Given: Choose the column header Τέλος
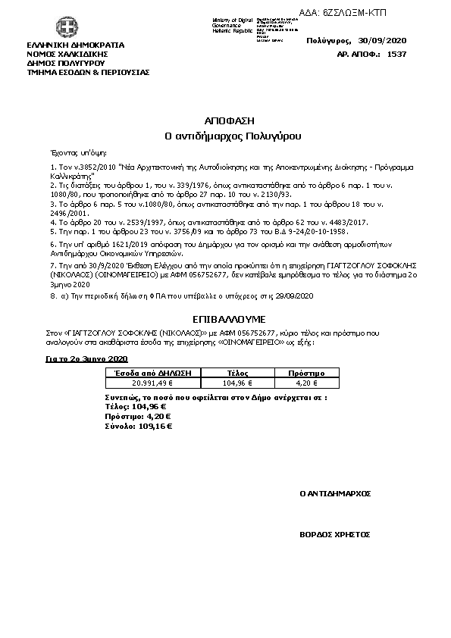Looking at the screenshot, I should pyautogui.click(x=238, y=374).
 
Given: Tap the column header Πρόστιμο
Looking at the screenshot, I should pyautogui.click(x=307, y=374).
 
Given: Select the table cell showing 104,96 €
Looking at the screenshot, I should pyautogui.click(x=238, y=383).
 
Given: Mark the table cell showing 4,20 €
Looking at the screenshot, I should pyautogui.click(x=307, y=383).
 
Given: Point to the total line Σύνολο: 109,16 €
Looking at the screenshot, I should pyautogui.click(x=138, y=427).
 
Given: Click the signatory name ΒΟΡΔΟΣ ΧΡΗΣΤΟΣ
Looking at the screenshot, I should pyautogui.click(x=335, y=534).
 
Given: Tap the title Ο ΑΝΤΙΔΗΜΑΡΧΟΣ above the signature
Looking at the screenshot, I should pyautogui.click(x=335, y=493).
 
